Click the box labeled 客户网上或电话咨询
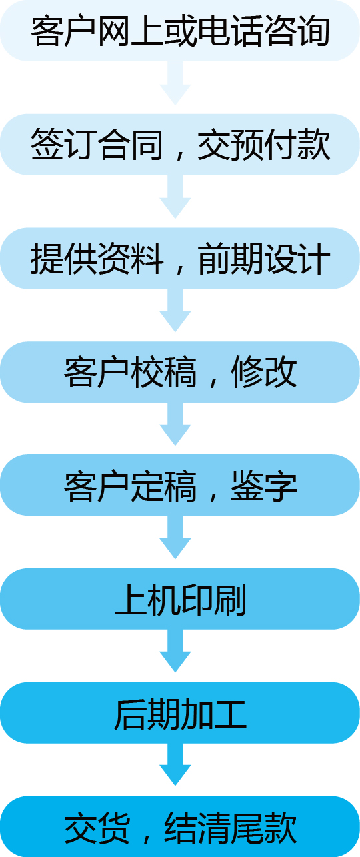coord(180,31)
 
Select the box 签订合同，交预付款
coord(180,144)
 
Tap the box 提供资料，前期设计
coord(180,258)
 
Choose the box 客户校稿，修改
coord(180,372)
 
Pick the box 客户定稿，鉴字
coord(180,485)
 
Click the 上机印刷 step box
coord(180,599)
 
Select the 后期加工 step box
coord(180,712)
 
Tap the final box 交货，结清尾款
coord(180,826)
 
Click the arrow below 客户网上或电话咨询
coord(175,83)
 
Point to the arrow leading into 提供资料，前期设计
coord(175,197)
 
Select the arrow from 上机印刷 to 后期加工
coord(175,651)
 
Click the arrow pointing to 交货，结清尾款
coord(175,764)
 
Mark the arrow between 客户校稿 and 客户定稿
coord(175,424)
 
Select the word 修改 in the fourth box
coord(264,372)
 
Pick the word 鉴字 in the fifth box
coord(264,485)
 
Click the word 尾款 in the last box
coord(264,827)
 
